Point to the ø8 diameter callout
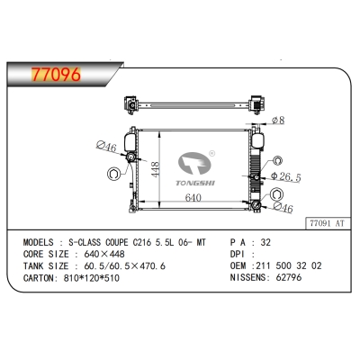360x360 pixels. point(280,120)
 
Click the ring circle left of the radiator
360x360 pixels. point(114,174)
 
